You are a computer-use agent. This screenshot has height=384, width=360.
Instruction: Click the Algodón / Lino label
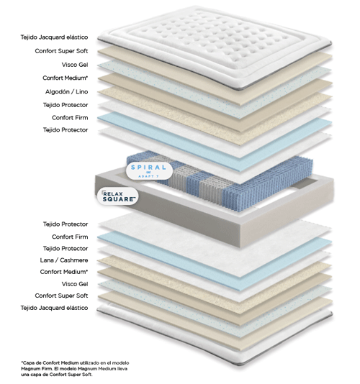coord(66,91)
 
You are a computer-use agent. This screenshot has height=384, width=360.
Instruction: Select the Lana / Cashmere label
coord(64,260)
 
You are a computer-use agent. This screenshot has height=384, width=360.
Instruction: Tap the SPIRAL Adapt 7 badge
coord(149,170)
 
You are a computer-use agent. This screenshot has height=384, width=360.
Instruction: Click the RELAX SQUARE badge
coord(117,196)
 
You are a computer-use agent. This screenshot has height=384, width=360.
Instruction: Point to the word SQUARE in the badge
coord(119,199)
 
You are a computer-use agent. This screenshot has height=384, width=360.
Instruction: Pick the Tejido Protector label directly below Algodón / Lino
coord(66,105)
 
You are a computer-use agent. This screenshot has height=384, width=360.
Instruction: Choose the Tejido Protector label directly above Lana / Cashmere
coord(66,249)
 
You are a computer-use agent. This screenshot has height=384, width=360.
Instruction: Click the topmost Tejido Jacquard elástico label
coord(54,37)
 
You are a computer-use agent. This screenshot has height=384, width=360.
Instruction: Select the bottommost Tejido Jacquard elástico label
coord(54,308)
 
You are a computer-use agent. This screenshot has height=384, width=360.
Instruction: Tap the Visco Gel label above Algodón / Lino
coord(75,65)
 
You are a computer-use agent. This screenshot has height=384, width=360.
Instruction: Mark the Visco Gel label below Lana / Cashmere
coord(75,284)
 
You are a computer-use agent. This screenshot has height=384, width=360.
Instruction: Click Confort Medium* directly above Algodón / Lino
coord(66,78)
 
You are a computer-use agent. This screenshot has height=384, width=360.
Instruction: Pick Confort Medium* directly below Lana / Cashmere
coord(64,272)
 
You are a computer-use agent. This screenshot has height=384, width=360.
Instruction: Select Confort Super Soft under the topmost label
coord(61,51)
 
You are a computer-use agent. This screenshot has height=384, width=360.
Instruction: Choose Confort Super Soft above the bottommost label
coord(61,296)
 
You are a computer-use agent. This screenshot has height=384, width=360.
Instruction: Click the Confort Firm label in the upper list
coord(70,118)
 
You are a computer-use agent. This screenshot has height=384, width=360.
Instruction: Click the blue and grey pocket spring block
coord(221,181)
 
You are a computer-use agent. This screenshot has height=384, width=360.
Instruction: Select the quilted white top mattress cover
coord(215,47)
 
